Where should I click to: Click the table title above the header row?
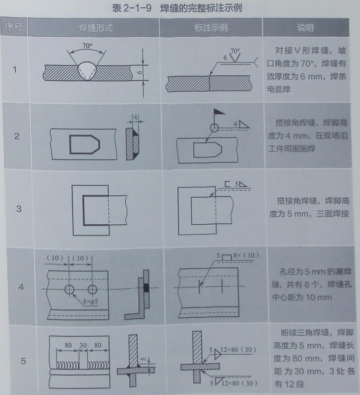179,8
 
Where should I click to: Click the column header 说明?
305,28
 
